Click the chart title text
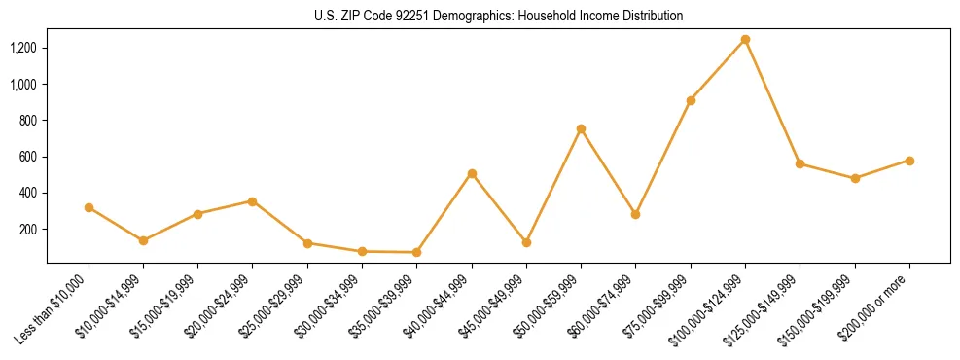pyautogui.click(x=499, y=17)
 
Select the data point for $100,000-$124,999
pyautogui.click(x=745, y=40)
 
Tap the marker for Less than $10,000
pyautogui.click(x=89, y=207)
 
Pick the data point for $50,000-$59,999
pyautogui.click(x=581, y=128)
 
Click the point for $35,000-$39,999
pyautogui.click(x=416, y=252)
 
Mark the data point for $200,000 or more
pyautogui.click(x=909, y=161)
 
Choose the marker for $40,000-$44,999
pyautogui.click(x=472, y=173)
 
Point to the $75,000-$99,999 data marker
pyautogui.click(x=691, y=100)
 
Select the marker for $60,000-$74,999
pyautogui.click(x=635, y=214)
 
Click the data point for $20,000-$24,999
pyautogui.click(x=252, y=201)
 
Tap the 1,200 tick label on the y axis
pyautogui.click(x=23, y=48)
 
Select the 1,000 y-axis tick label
pyautogui.click(x=23, y=85)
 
